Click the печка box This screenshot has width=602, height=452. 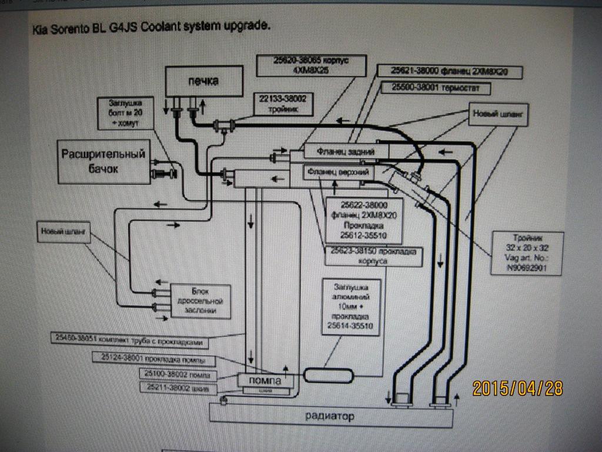203,81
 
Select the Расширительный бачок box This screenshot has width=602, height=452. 103,161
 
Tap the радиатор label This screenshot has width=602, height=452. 330,417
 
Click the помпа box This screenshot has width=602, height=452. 266,381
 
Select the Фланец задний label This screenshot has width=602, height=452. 346,152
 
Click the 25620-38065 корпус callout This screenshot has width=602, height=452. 312,64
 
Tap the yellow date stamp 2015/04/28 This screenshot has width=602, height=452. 517,388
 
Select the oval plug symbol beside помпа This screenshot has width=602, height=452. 327,374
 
